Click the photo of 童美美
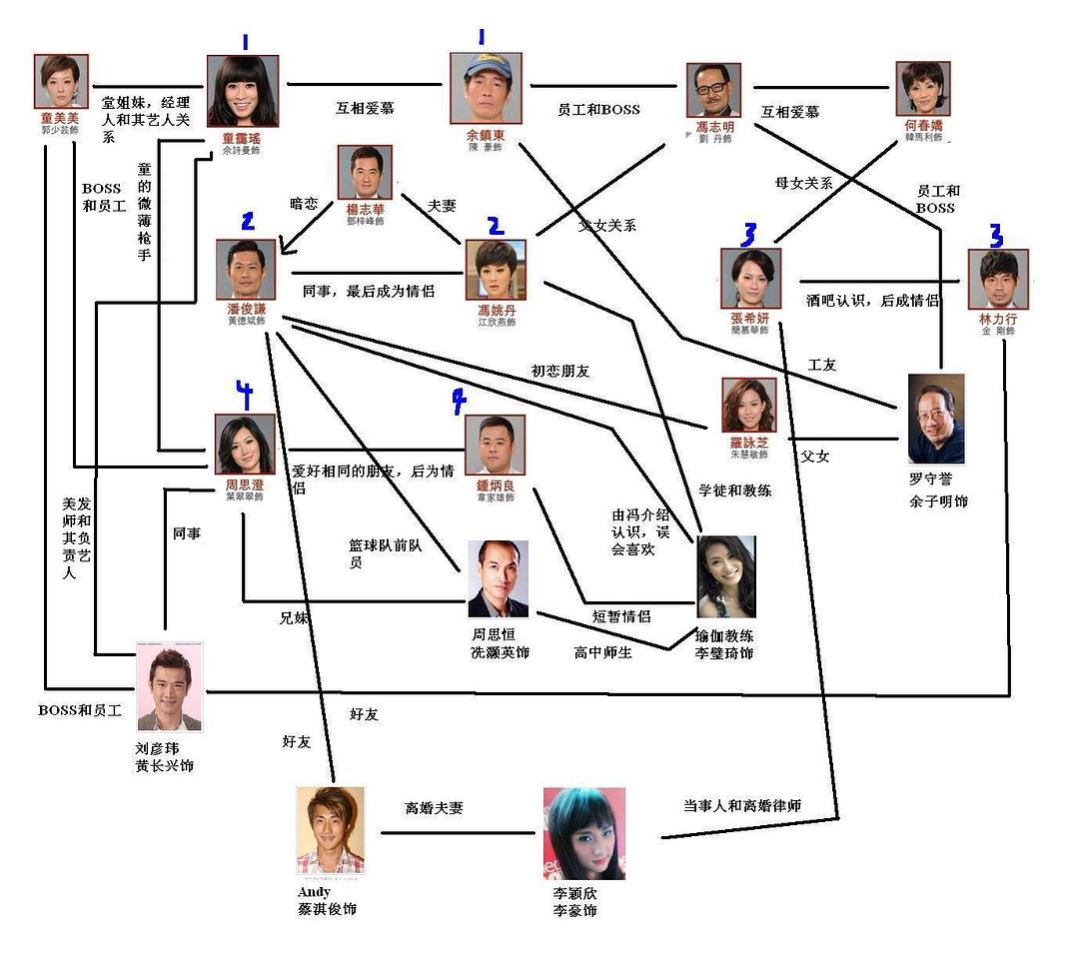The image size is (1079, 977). (x=63, y=81)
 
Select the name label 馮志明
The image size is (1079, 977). (x=714, y=128)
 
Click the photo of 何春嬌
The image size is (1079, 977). (x=923, y=90)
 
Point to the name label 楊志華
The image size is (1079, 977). (x=365, y=211)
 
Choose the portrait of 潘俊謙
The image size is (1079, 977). (x=247, y=269)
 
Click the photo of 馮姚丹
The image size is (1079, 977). (x=496, y=270)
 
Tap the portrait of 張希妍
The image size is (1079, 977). (x=750, y=279)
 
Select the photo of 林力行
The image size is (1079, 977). (x=998, y=280)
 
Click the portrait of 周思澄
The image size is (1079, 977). (x=244, y=444)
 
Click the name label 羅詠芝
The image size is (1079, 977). (x=748, y=441)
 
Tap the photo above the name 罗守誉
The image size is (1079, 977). (x=936, y=419)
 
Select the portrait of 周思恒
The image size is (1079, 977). (x=498, y=578)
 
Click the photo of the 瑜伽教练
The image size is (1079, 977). (x=725, y=577)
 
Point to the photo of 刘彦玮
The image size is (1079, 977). (x=169, y=688)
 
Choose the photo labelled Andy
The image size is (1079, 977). (x=330, y=830)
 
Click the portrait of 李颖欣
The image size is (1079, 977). (x=583, y=833)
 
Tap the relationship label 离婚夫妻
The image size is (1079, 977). (x=434, y=807)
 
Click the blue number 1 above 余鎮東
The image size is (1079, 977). (x=481, y=38)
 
